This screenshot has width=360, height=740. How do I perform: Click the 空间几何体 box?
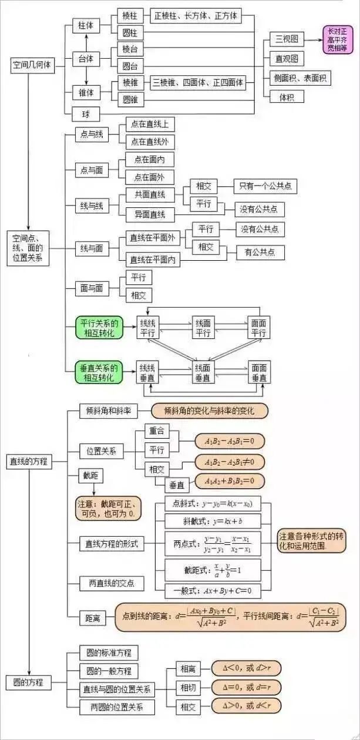tap(32, 65)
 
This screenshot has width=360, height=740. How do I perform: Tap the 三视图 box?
tap(287, 39)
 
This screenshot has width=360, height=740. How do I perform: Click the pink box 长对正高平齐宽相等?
tap(337, 40)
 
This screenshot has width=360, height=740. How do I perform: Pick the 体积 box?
tap(287, 96)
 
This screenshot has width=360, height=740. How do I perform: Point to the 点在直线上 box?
tap(150, 125)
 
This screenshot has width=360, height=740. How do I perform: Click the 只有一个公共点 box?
tap(264, 187)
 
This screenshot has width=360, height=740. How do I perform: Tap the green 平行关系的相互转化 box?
tap(99, 328)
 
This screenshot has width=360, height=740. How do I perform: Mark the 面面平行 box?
tap(258, 328)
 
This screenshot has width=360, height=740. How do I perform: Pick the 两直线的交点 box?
tap(111, 583)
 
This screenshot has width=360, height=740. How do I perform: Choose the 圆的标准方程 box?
tap(109, 652)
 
